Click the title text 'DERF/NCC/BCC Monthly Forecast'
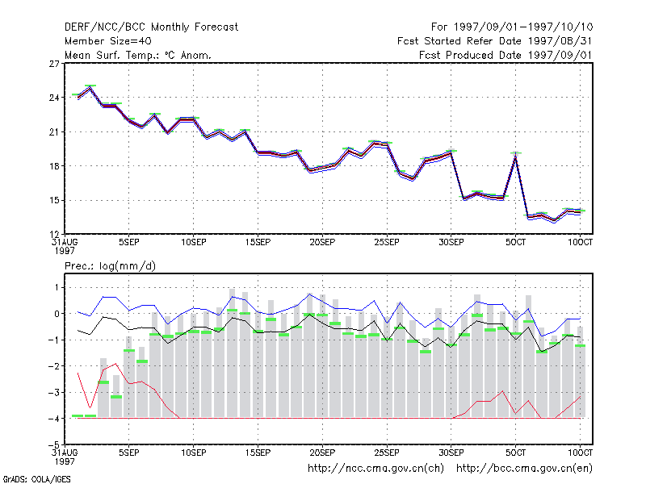point(151,27)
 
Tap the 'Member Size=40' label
point(108,41)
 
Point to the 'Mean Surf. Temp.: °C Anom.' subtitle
point(138,55)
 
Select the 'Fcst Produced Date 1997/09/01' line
point(505,55)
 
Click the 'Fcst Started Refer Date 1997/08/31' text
point(495,41)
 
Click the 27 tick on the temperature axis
point(54,64)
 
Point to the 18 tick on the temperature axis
point(54,166)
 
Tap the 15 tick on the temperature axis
point(54,200)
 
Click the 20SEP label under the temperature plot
point(322,242)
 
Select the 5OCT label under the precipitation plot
point(515,453)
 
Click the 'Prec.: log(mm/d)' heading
point(110,266)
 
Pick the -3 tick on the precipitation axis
point(53,392)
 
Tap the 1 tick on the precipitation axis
point(57,287)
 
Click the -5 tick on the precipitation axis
point(53,445)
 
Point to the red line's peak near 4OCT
point(502,391)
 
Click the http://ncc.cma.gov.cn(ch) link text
point(375,469)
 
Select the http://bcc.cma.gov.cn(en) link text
point(524,469)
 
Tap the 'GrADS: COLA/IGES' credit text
point(37,479)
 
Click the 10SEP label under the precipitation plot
point(193,453)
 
